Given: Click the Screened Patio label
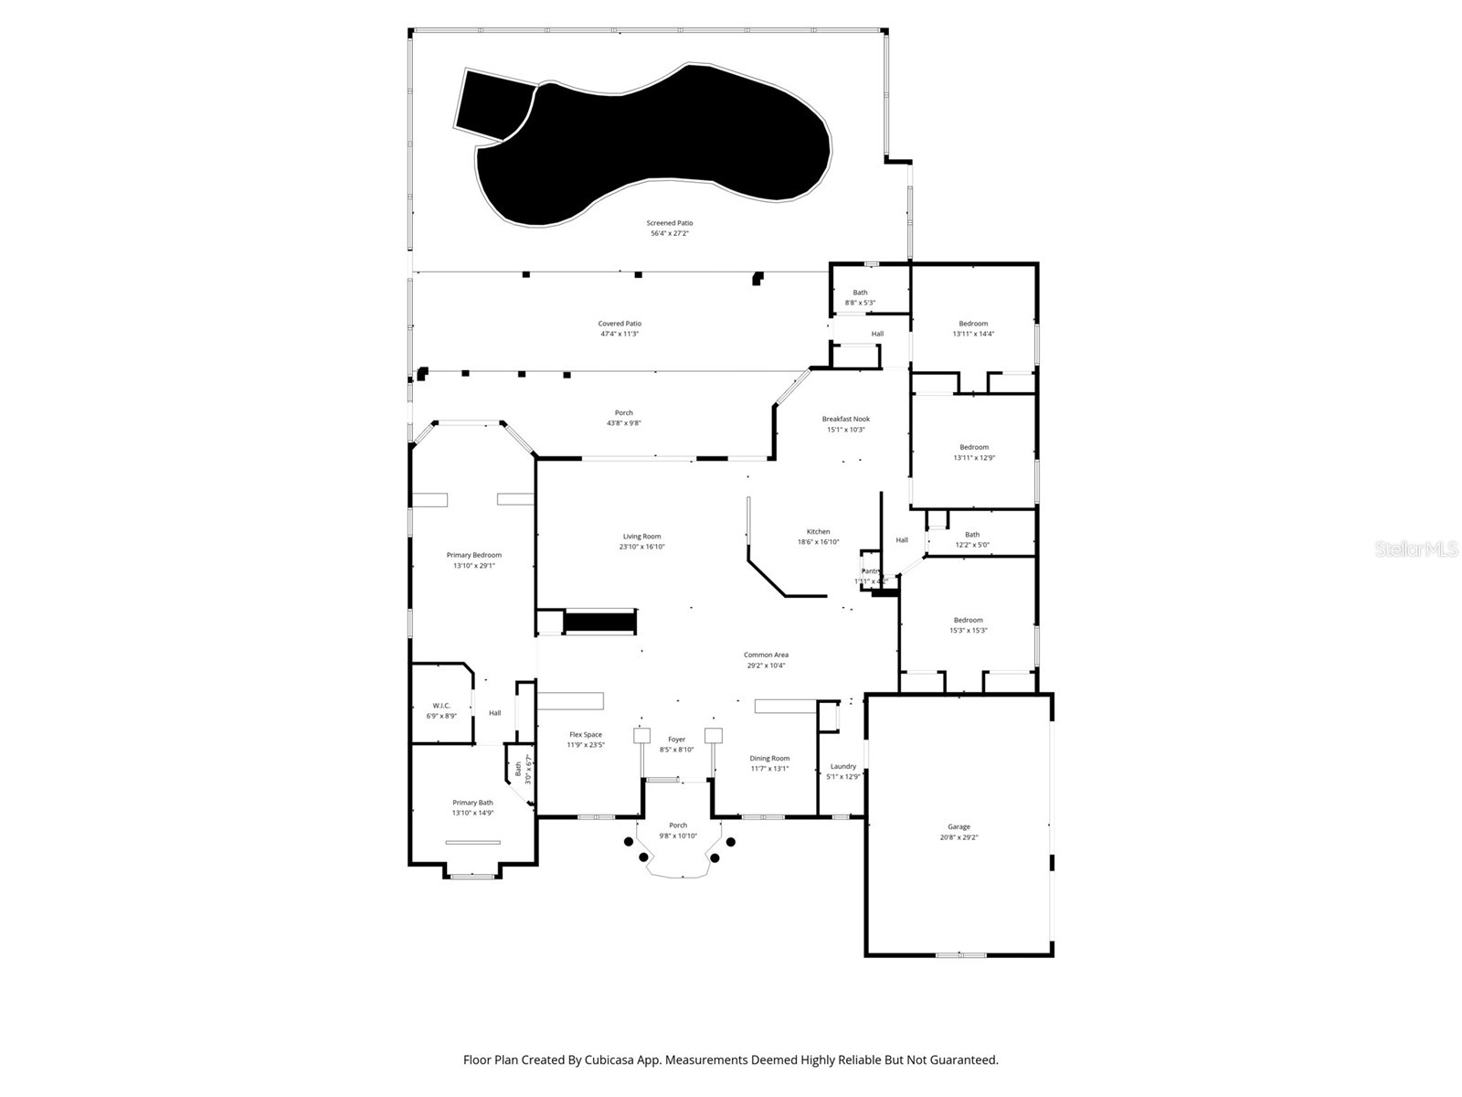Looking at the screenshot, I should (669, 223).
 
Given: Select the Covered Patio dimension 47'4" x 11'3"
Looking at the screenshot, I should (619, 334).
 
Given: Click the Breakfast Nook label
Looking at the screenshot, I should (845, 419).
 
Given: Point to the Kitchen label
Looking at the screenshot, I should (818, 531).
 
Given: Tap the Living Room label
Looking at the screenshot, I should (641, 537).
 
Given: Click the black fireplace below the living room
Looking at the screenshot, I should (599, 623).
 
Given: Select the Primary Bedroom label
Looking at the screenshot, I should (473, 555).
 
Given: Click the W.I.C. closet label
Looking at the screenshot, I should (441, 706).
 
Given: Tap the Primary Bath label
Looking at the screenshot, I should (472, 803).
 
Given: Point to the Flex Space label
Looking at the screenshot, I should (586, 735).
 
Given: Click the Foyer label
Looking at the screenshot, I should (676, 740).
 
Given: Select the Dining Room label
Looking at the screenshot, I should (769, 758).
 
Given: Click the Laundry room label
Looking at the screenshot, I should (842, 766).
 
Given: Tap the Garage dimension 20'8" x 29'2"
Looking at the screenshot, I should (959, 837).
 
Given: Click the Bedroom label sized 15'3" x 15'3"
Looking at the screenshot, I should (968, 620).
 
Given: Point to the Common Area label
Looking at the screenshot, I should (766, 655).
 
